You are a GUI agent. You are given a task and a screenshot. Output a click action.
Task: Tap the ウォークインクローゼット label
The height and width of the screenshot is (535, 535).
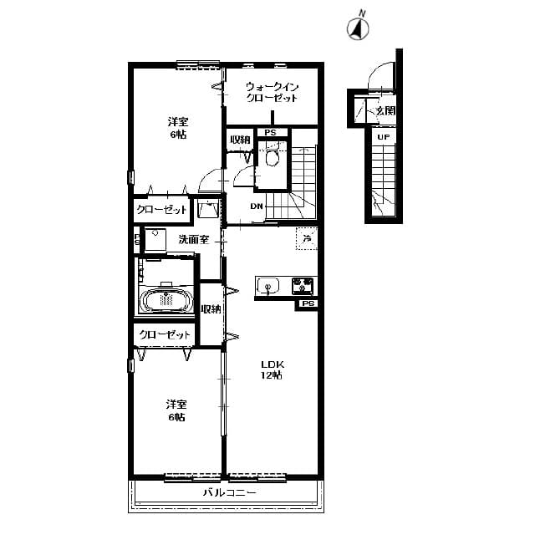click(272, 92)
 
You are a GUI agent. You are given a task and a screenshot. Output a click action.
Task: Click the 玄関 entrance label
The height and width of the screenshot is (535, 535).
click(385, 110)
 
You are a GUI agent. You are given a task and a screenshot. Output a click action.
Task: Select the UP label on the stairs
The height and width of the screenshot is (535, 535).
click(383, 137)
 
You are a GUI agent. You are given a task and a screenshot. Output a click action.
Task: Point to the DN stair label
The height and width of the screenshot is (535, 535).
click(257, 207)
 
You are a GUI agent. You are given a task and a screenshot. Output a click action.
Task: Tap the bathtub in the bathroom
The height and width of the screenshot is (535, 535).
click(166, 299)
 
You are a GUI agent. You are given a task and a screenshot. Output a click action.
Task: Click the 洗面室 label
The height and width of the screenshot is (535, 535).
click(191, 240)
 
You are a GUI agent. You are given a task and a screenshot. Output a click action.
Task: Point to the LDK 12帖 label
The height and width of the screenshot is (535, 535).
click(272, 369)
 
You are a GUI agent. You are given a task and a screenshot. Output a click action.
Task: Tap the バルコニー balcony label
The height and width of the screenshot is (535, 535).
click(228, 493)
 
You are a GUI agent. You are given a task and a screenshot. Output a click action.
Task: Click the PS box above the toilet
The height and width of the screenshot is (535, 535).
click(270, 133)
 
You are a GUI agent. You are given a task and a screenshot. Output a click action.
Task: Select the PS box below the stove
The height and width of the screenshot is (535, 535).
click(308, 304)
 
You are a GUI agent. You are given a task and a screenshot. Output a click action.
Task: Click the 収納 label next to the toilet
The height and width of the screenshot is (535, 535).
click(240, 140)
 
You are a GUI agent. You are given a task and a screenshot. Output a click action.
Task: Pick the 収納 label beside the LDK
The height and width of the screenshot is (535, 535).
click(211, 309)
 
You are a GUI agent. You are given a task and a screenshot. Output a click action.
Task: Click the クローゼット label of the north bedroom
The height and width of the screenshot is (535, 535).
click(162, 210)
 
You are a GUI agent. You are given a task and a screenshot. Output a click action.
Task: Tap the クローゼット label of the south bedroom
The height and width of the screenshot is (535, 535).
click(165, 335)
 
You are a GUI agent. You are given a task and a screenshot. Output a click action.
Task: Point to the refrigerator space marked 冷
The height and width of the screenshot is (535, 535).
click(307, 239)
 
